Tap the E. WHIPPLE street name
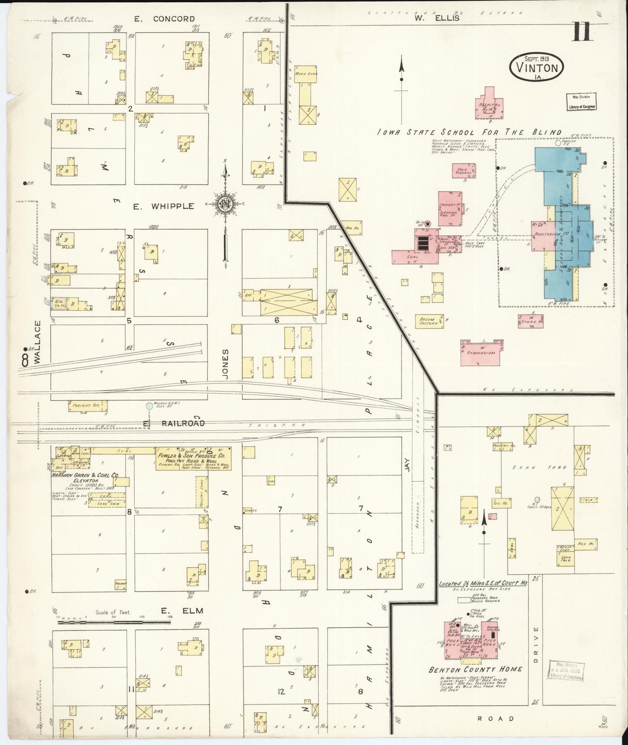pos(163,206)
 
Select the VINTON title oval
pos(537,67)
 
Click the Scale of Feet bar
pos(112,622)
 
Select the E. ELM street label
pos(182,611)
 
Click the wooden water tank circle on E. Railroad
pos(150,406)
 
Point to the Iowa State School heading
pos(469,133)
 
